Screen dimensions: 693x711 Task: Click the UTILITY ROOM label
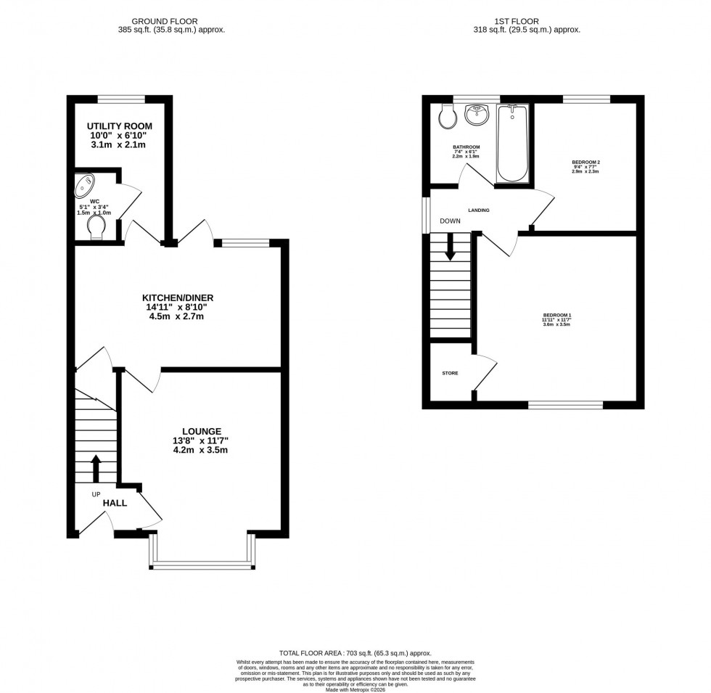tap(120, 126)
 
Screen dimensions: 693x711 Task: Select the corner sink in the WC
tap(86, 185)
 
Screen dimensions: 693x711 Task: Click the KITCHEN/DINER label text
tap(178, 298)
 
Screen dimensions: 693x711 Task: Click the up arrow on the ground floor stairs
tap(96, 468)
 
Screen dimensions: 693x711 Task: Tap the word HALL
tap(115, 503)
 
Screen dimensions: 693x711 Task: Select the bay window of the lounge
tap(201, 563)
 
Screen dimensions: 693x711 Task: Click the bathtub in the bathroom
tap(513, 144)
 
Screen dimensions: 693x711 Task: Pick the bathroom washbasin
tap(477, 115)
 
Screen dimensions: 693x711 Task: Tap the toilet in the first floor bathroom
tap(446, 116)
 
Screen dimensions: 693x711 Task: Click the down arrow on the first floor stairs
tap(450, 246)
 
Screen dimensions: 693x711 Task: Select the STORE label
tap(450, 373)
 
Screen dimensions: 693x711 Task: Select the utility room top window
tap(120, 99)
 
